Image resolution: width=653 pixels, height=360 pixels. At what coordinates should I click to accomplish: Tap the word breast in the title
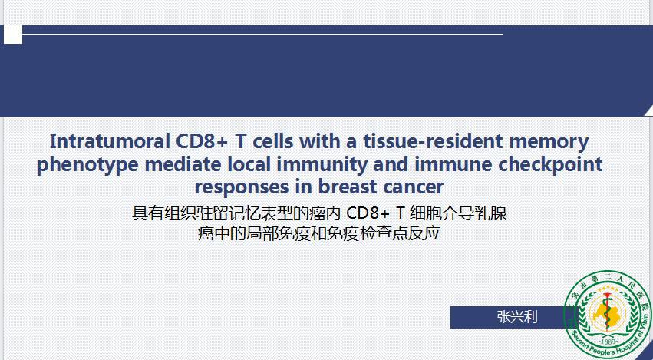click(348, 187)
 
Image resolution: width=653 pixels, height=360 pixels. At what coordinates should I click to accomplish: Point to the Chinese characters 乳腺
click(491, 213)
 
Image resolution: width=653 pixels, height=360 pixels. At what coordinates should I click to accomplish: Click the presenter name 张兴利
click(517, 317)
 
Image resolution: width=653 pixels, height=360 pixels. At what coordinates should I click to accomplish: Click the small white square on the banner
click(13, 35)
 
